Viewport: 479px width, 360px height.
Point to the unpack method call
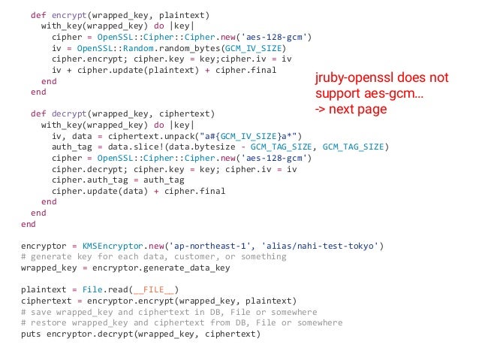167,136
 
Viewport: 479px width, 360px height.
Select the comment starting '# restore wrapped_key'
181,323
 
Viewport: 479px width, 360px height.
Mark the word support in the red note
337,94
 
